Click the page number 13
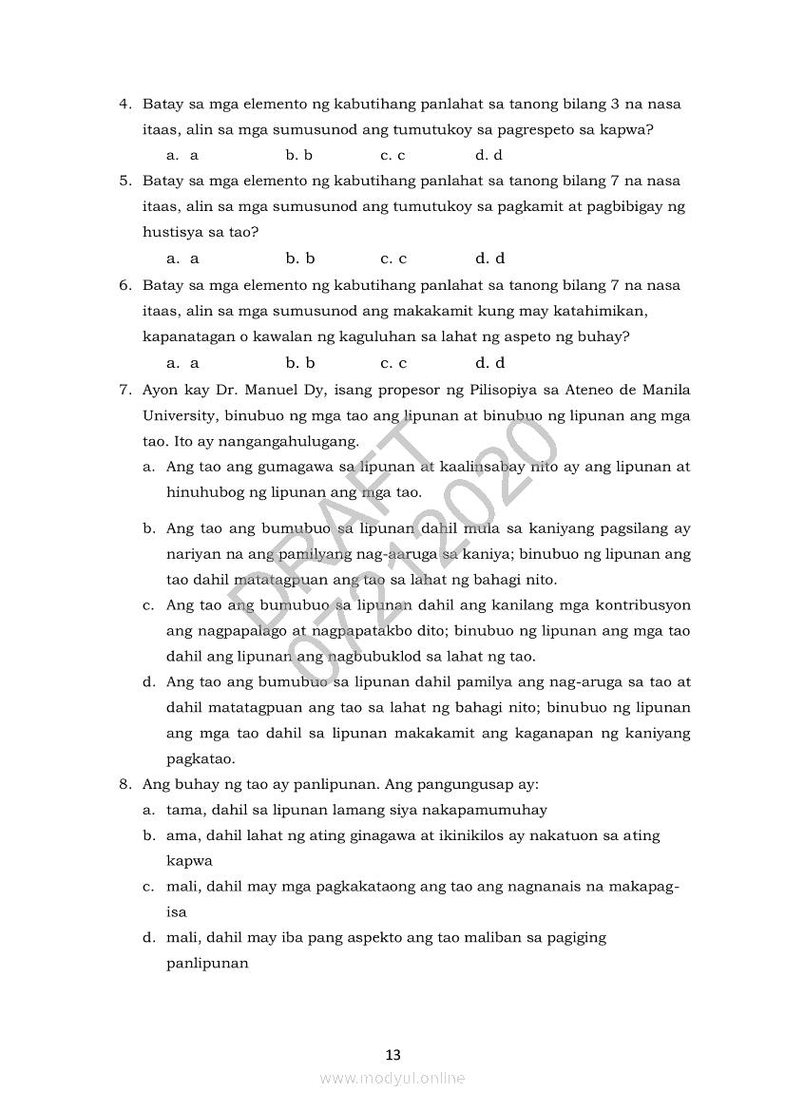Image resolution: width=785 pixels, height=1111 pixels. point(392,1054)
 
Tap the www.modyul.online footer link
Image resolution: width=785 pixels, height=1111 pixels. point(392,1078)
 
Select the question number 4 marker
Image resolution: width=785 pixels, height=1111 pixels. point(124,104)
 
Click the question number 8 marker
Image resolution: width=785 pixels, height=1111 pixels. point(124,785)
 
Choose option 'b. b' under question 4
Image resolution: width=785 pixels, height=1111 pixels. point(299,155)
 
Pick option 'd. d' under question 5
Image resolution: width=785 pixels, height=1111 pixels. point(489,259)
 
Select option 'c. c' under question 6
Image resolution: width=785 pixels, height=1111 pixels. point(393,363)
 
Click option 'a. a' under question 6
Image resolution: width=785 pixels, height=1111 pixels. point(182,363)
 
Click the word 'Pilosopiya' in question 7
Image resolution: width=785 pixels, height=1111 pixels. point(501,390)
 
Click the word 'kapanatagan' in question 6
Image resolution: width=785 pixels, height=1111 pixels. point(184,336)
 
